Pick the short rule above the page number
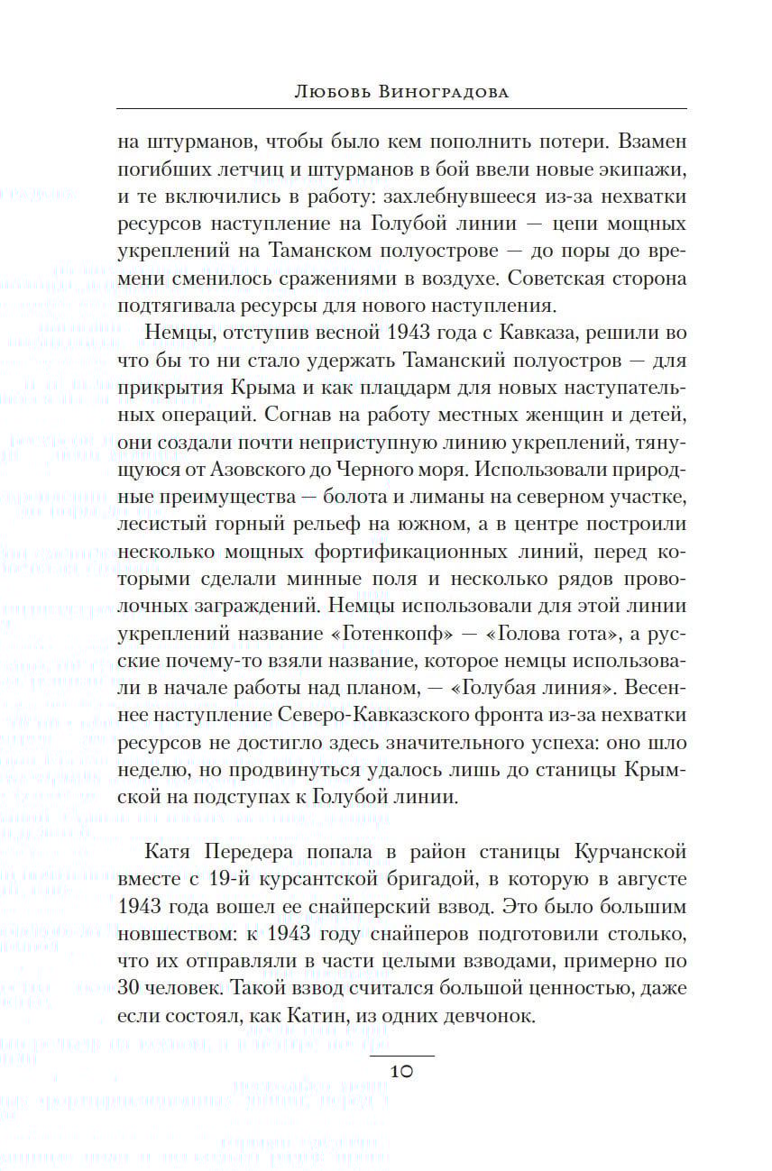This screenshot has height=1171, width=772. (x=402, y=1056)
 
